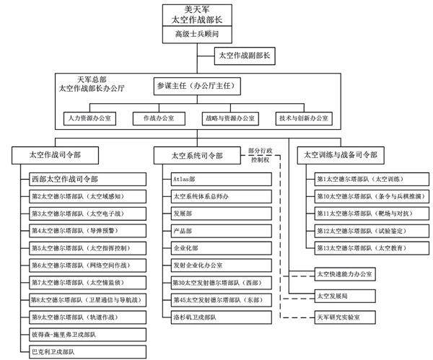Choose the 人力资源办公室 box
[x=89, y=118]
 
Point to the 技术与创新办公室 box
[x=302, y=118]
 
